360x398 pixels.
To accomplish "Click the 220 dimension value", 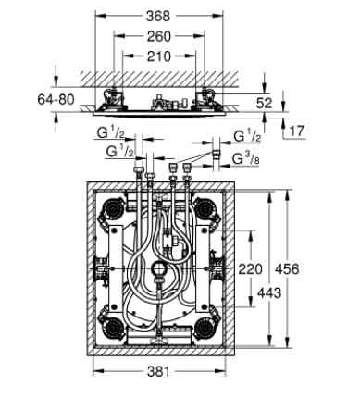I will (x=249, y=269).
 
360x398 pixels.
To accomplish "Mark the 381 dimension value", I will (x=163, y=373).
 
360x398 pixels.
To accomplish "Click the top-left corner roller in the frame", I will (x=113, y=209).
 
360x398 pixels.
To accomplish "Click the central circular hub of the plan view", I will (x=159, y=271).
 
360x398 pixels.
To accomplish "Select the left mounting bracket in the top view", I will (x=117, y=94).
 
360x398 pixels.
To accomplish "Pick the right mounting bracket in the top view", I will (x=207, y=94).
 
